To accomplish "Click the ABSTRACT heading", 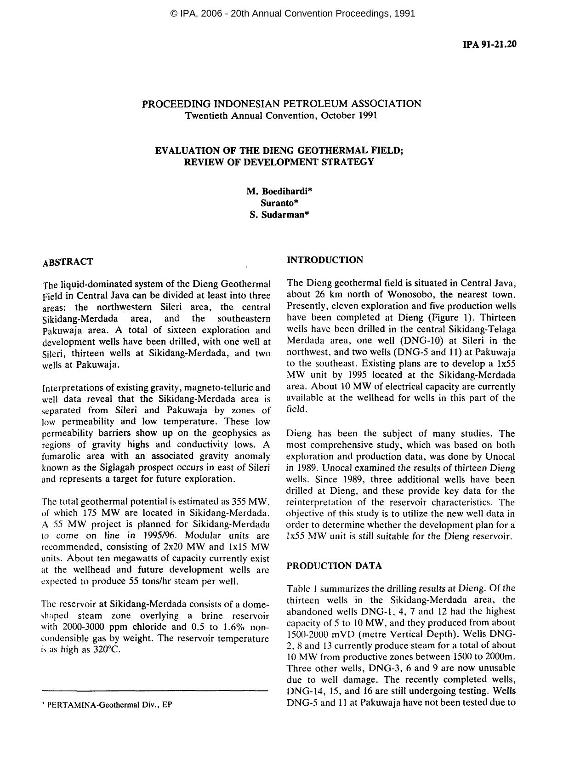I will click(x=68, y=262).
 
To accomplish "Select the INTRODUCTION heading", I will click(x=324, y=260).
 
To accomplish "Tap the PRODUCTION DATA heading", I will click(x=334, y=566).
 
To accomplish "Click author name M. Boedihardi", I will click(x=279, y=191).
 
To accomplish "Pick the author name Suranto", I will click(x=279, y=203).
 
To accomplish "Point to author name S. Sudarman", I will click(x=279, y=214).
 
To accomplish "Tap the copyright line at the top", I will click(x=293, y=13).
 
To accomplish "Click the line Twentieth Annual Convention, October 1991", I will click(x=281, y=115).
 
